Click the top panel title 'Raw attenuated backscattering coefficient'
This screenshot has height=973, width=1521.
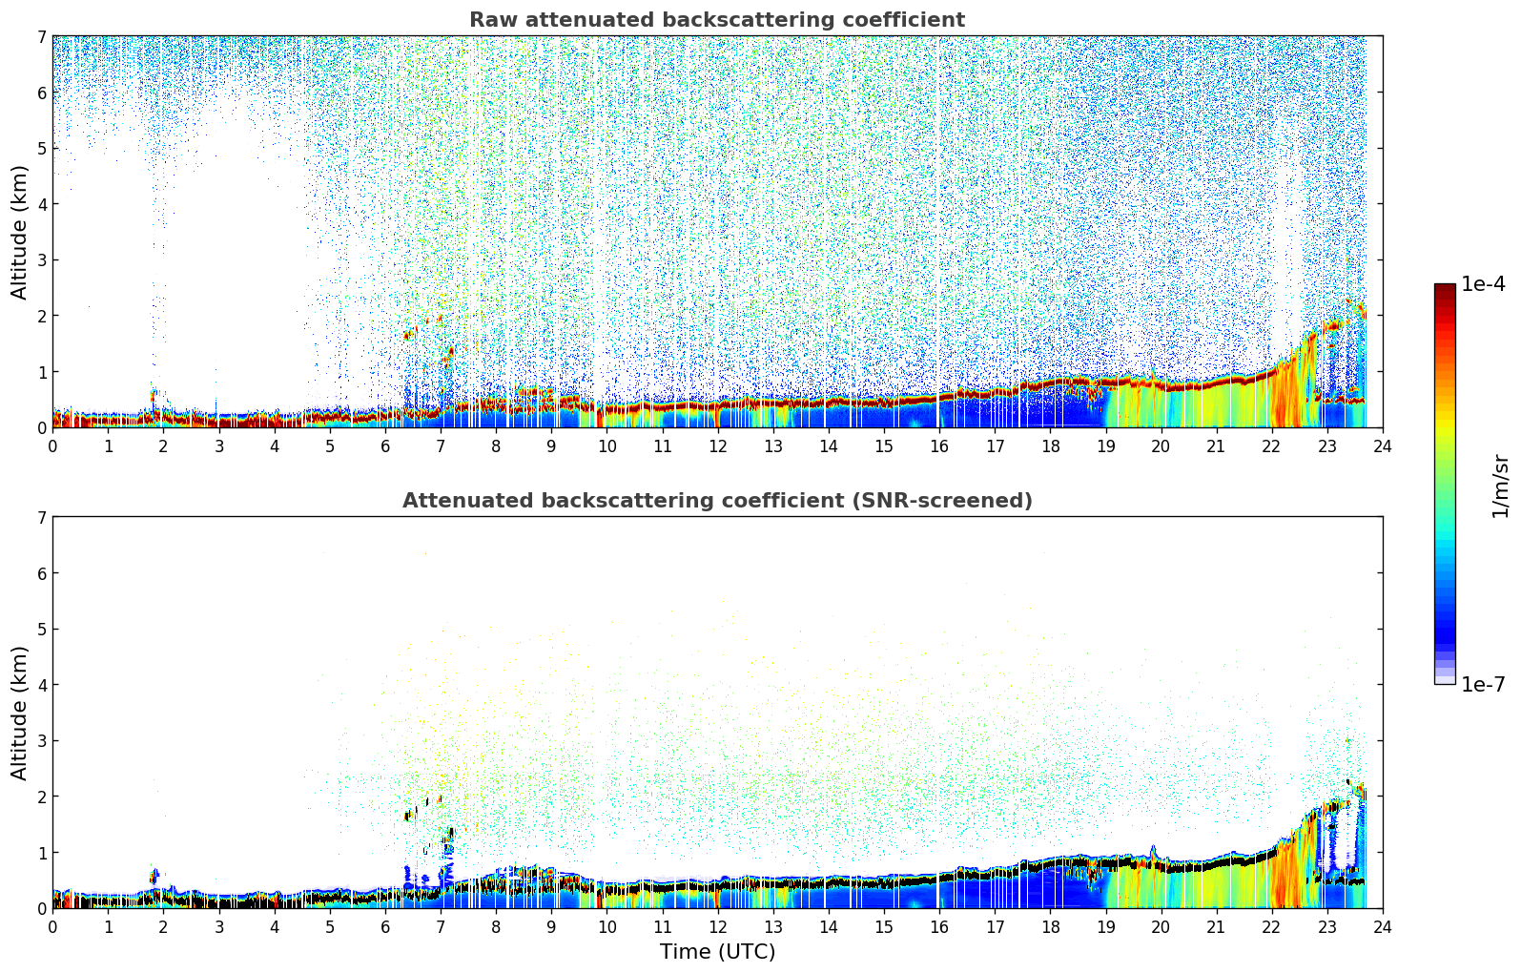coord(717,20)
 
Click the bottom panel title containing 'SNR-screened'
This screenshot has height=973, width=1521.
coord(717,500)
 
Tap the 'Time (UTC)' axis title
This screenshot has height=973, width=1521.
coord(717,951)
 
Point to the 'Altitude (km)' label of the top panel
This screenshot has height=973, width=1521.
coord(19,232)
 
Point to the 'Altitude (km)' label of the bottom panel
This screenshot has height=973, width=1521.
coord(19,713)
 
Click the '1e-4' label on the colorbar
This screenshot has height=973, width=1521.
coord(1483,284)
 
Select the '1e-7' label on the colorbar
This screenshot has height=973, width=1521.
coord(1483,685)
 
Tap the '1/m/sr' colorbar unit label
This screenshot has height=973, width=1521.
coord(1500,486)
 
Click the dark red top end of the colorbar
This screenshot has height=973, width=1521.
coord(1445,287)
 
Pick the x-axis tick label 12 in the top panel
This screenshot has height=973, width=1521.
coord(718,446)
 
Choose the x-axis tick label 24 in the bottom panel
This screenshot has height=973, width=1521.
coord(1383,927)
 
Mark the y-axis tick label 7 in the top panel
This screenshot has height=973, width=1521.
coord(42,36)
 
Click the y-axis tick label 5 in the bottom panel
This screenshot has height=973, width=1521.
coord(42,630)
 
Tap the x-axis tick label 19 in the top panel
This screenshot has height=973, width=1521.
coord(1105,446)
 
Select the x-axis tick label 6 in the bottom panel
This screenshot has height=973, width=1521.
coord(385,927)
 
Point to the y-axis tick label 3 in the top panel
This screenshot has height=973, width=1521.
coord(42,260)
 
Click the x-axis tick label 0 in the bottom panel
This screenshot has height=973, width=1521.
coord(53,927)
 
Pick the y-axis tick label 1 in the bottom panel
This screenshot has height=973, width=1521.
coord(42,853)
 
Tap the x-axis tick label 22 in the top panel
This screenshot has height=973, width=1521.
coord(1272,446)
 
